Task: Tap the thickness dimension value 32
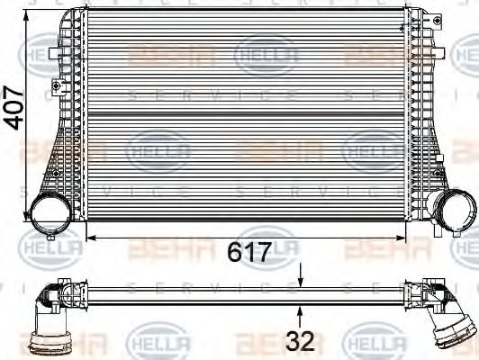point(301,343)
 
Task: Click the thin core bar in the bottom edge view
point(243,291)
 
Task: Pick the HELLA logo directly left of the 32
point(160,343)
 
